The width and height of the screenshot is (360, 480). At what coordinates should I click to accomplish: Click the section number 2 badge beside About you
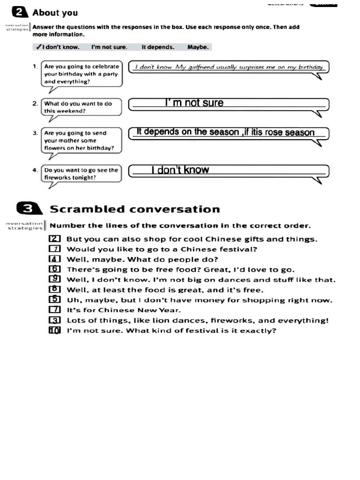(21, 12)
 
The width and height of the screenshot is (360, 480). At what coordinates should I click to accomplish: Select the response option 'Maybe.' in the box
(198, 47)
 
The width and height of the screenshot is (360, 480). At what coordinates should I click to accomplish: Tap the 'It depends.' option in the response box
(157, 47)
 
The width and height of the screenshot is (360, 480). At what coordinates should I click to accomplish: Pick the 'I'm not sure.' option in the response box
(109, 47)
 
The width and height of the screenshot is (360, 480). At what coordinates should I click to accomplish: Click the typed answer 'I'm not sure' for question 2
(194, 103)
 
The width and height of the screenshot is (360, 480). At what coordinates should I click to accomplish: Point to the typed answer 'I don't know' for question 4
(180, 170)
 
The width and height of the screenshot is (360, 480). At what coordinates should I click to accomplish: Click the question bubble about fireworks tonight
(81, 173)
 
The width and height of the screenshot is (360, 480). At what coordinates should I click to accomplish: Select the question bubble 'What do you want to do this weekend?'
(81, 107)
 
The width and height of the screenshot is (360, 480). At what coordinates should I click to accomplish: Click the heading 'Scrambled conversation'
(135, 209)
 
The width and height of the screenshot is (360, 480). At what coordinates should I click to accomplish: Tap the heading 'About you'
(55, 13)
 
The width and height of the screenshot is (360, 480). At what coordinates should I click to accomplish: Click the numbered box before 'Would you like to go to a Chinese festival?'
(55, 249)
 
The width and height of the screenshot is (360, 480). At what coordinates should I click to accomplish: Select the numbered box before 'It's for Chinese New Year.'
(55, 310)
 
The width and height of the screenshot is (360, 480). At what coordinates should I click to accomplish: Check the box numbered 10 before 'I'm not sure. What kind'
(55, 330)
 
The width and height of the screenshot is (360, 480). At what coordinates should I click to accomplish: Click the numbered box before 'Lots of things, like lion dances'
(55, 320)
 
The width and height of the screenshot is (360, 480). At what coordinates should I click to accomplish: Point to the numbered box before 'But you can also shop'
(55, 239)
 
